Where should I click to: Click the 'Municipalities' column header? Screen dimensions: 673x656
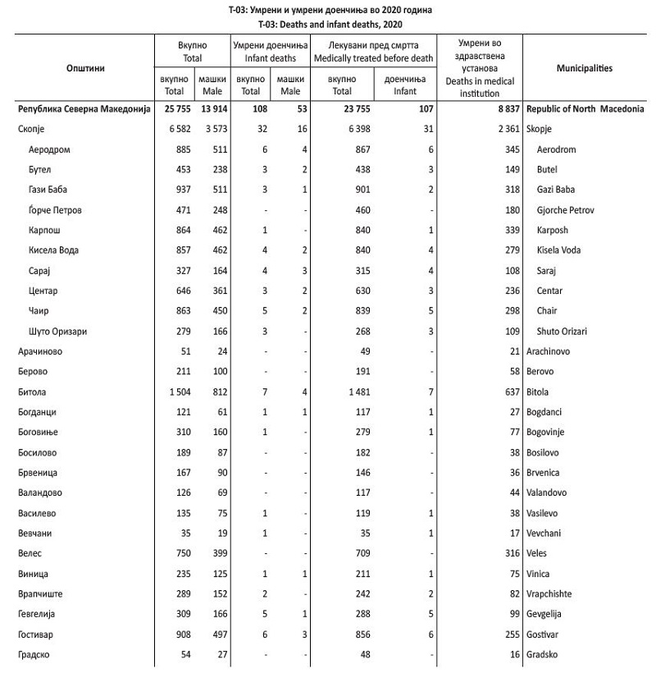pos(584,68)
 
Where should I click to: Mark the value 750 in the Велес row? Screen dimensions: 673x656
pos(182,554)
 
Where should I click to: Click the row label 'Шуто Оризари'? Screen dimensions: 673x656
pos(57,332)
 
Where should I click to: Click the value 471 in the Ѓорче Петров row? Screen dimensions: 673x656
pos(182,210)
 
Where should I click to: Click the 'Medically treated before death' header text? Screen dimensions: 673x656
pos(373,58)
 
